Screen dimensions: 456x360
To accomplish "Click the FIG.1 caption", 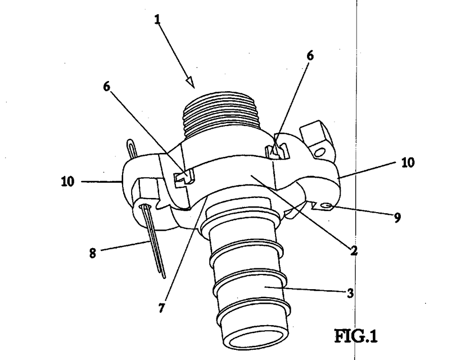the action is point(356,336).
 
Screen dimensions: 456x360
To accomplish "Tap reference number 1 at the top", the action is point(158,20).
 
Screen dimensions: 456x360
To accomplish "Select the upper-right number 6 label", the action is point(310,56).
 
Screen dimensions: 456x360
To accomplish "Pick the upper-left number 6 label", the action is point(107,86).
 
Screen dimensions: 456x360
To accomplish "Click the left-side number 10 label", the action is point(68,182).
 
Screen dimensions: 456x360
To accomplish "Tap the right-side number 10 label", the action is point(408,163).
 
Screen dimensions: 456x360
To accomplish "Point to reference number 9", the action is point(397,217).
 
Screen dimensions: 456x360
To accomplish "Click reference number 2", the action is point(354,251).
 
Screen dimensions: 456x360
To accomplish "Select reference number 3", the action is point(351,294).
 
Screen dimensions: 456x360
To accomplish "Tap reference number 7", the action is point(162,308).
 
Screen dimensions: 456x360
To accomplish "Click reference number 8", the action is point(93,253).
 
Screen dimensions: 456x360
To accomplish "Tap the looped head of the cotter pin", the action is point(132,148).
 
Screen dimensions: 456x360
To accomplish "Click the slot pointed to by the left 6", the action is point(184,178).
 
